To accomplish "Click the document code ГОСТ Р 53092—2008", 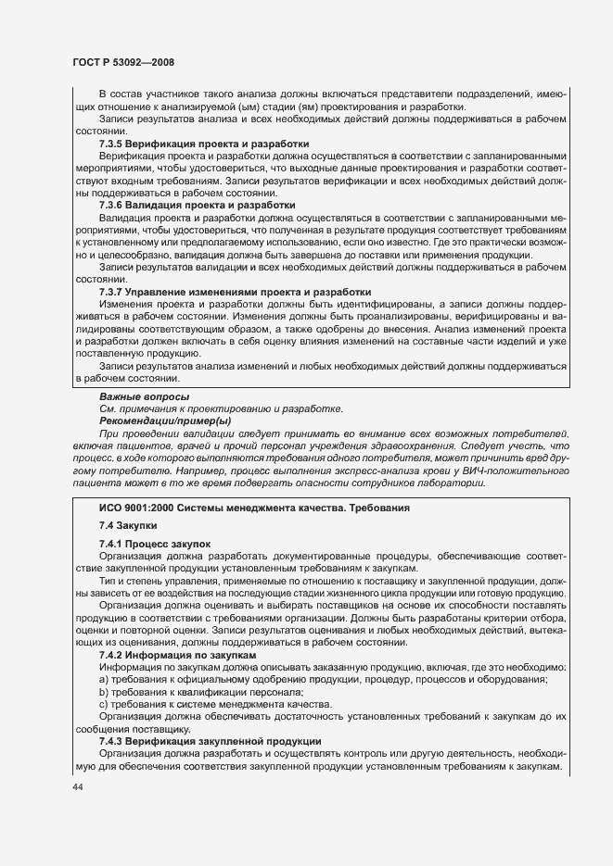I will [123, 62].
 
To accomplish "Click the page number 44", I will [78, 785].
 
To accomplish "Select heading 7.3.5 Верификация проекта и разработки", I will [203, 144].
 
